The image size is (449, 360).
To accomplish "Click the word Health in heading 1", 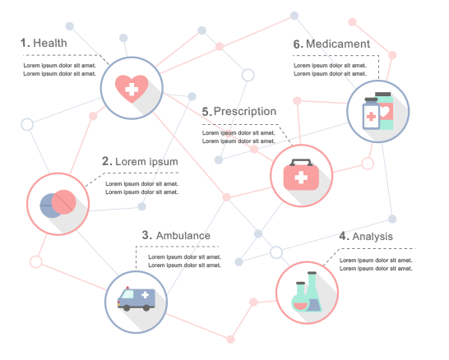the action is pyautogui.click(x=50, y=43).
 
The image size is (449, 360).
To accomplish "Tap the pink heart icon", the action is pyautogui.click(x=132, y=89).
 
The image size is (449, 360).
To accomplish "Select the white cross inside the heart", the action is pyautogui.click(x=132, y=90).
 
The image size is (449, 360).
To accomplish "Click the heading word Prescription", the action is pyautogui.click(x=245, y=112).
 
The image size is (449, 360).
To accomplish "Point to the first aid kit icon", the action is pyautogui.click(x=301, y=174).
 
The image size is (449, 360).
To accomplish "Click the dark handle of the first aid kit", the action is pyautogui.click(x=301, y=162).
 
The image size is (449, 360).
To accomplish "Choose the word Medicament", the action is pyautogui.click(x=338, y=44).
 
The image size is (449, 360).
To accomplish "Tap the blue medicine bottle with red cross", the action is pyautogui.click(x=371, y=113).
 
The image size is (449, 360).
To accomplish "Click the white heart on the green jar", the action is pyautogui.click(x=385, y=112).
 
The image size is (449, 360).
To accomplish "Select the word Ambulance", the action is pyautogui.click(x=183, y=236).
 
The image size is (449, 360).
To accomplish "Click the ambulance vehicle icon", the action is pyautogui.click(x=137, y=298).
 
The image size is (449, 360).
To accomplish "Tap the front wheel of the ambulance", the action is pyautogui.click(x=127, y=307).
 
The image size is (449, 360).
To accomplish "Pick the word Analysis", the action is pyautogui.click(x=373, y=237).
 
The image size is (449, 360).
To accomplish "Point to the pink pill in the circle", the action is pyautogui.click(x=63, y=202).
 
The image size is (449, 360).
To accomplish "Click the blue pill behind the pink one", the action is pyautogui.click(x=47, y=205).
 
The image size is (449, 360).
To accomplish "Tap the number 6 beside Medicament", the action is pyautogui.click(x=297, y=44).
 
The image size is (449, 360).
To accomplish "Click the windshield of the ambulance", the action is pyautogui.click(x=127, y=294).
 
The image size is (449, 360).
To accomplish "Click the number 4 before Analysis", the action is pyautogui.click(x=343, y=236).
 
